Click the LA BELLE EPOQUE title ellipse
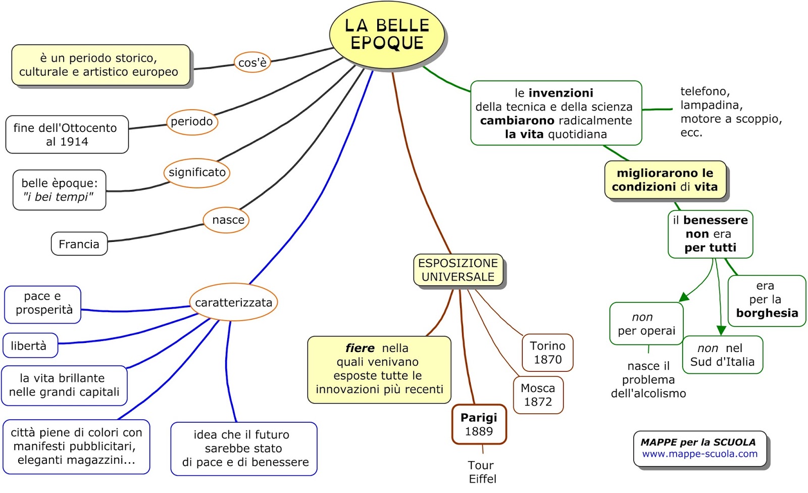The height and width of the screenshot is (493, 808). coord(387,34)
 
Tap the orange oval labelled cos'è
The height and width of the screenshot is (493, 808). coord(252,63)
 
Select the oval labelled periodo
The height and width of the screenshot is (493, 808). coord(192,122)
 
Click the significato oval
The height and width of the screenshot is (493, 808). coord(197,172)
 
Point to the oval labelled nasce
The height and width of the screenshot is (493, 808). coord(227,220)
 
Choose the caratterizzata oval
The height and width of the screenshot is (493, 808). coord(233,303)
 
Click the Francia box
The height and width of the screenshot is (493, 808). coord(79,244)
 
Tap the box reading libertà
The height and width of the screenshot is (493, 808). coord(30,346)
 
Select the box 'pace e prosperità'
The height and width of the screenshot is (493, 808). coord(43,304)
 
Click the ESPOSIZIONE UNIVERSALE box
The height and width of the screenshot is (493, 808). coord(458,270)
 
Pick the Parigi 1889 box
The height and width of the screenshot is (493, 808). coord(479,424)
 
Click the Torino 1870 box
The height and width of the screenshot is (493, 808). coord(547,353)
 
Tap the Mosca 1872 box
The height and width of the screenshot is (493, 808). coord(538,395)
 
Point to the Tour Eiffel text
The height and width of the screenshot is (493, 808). coord(482,472)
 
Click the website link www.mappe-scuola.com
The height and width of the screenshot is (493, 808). coord(699,454)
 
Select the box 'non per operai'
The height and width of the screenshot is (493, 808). coord(646,324)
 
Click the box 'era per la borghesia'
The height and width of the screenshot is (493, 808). coord(766,300)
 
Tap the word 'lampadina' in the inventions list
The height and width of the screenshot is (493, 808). coord(711,105)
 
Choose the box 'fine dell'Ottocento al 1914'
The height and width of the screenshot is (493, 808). coord(67,135)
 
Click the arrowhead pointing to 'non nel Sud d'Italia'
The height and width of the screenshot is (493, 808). coord(721,330)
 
